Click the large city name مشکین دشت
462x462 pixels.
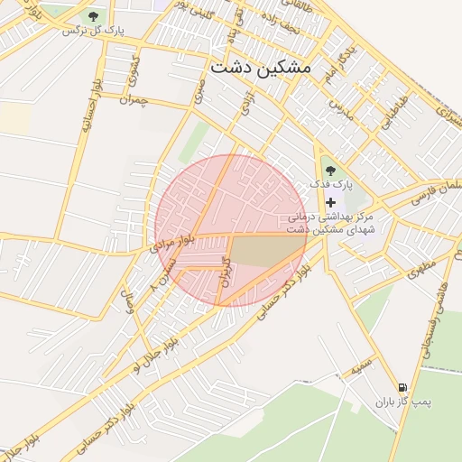260,68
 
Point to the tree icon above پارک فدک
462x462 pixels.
329,168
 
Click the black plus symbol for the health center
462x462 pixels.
330,201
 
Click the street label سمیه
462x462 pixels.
362,368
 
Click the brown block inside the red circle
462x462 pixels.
267,252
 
